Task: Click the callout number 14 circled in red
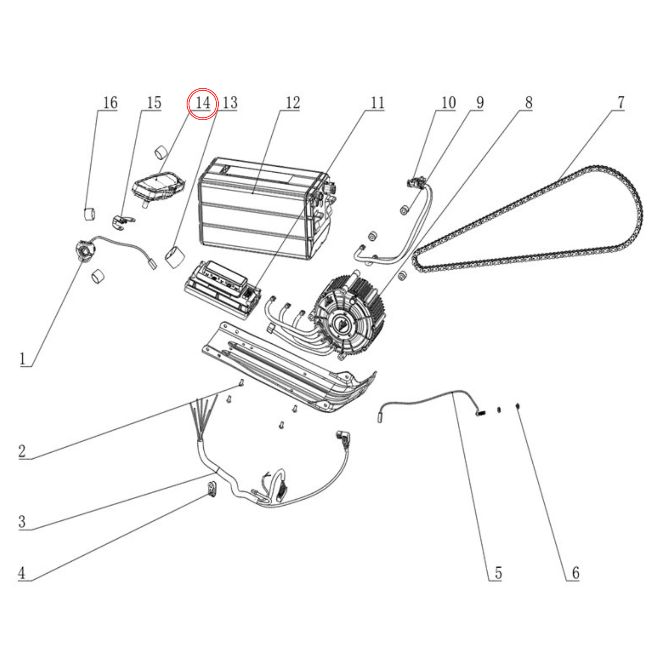(202, 103)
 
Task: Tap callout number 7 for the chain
(621, 102)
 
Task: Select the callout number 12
(292, 103)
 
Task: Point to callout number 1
(23, 359)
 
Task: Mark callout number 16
(110, 103)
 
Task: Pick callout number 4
(22, 573)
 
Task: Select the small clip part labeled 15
(123, 221)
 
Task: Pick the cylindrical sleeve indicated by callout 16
(90, 214)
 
